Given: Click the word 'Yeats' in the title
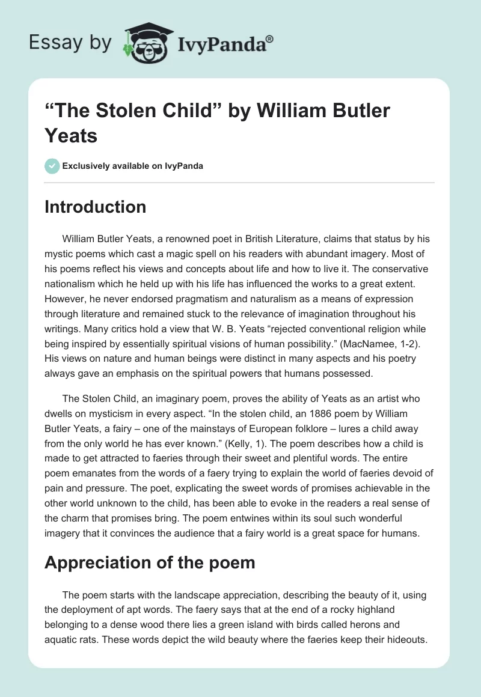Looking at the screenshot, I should [x=71, y=135].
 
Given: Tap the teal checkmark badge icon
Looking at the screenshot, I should [x=52, y=166].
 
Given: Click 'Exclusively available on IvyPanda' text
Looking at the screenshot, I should [x=133, y=166].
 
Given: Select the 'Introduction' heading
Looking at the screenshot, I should [x=95, y=207].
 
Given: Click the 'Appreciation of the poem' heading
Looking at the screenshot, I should [x=150, y=562].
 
